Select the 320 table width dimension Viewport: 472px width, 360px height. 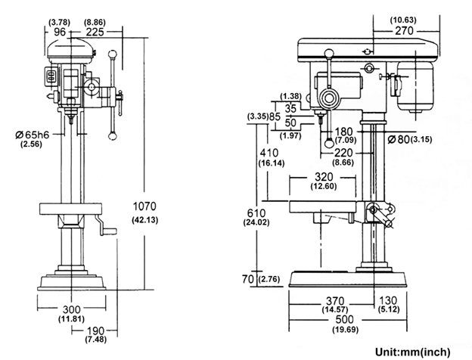[x=321, y=176]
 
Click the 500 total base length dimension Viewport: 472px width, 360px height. [x=346, y=320]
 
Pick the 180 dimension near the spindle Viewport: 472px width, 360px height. [x=343, y=131]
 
